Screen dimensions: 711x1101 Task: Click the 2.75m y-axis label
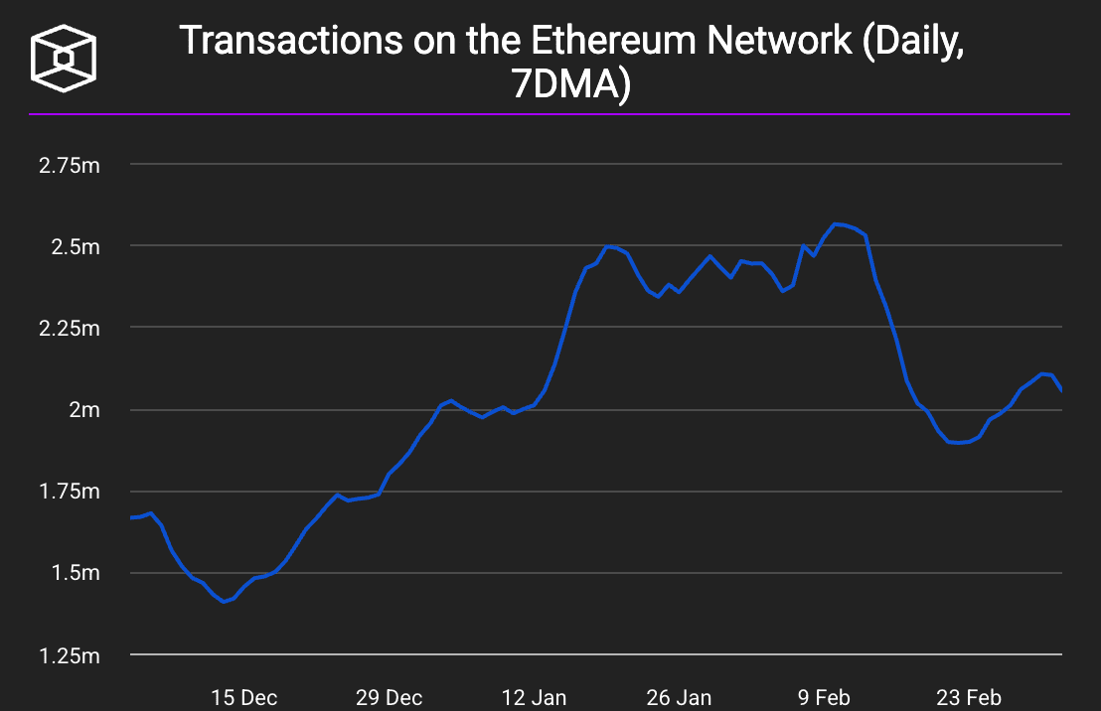[x=69, y=165]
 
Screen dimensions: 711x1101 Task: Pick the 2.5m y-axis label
[x=74, y=246]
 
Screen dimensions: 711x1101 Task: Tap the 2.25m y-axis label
[x=69, y=328]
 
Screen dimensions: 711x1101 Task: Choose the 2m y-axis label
[x=83, y=409]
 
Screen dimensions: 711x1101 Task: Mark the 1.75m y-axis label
[x=69, y=492]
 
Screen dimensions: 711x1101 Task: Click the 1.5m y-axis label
[x=74, y=573]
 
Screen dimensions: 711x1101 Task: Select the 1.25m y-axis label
[x=69, y=655]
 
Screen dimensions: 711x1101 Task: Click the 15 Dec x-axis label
[x=243, y=697]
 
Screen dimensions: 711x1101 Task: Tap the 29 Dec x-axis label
[x=390, y=697]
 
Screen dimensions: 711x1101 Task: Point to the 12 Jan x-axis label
[x=535, y=697]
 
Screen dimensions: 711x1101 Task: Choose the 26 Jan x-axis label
[x=679, y=697]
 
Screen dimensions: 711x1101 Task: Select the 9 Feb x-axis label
[x=824, y=697]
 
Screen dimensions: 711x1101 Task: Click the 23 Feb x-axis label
[x=969, y=697]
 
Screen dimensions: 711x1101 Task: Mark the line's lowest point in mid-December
[x=224, y=602]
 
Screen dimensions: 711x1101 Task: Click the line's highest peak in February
[x=836, y=224]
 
